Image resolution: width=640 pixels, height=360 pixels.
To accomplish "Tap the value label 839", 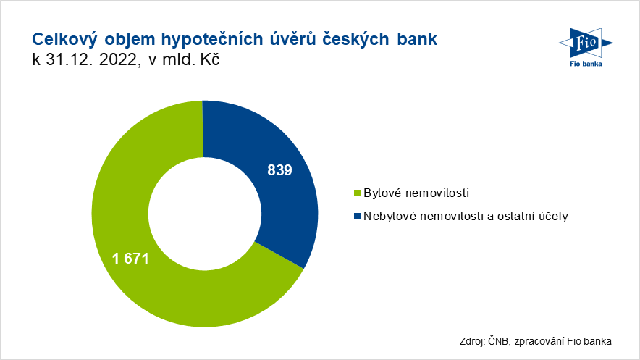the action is pyautogui.click(x=279, y=170).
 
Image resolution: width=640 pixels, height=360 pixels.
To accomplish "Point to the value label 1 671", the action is pyautogui.click(x=130, y=259).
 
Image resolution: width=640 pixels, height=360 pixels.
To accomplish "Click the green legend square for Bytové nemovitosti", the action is pyautogui.click(x=357, y=193).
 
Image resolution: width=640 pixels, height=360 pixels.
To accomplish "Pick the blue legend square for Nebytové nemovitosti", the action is pyautogui.click(x=357, y=216).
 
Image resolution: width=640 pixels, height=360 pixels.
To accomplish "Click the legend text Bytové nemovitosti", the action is pyautogui.click(x=416, y=193).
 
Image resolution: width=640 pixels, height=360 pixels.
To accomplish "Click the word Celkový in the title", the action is pyautogui.click(x=64, y=39).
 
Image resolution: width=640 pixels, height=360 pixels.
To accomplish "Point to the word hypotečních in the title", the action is pyautogui.click(x=212, y=40).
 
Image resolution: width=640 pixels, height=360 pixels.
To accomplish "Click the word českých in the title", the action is pyautogui.click(x=356, y=40).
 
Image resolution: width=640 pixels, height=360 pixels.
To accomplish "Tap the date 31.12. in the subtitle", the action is pyautogui.click(x=69, y=59).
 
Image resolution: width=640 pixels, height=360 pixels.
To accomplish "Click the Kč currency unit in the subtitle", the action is pyautogui.click(x=209, y=59).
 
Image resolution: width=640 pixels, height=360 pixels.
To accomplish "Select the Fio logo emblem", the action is pyautogui.click(x=586, y=43).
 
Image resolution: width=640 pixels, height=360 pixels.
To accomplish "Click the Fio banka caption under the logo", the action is pyautogui.click(x=586, y=64).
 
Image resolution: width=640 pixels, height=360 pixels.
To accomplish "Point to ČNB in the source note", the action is pyautogui.click(x=498, y=341).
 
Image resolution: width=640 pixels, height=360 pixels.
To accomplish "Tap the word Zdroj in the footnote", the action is pyautogui.click(x=472, y=341).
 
